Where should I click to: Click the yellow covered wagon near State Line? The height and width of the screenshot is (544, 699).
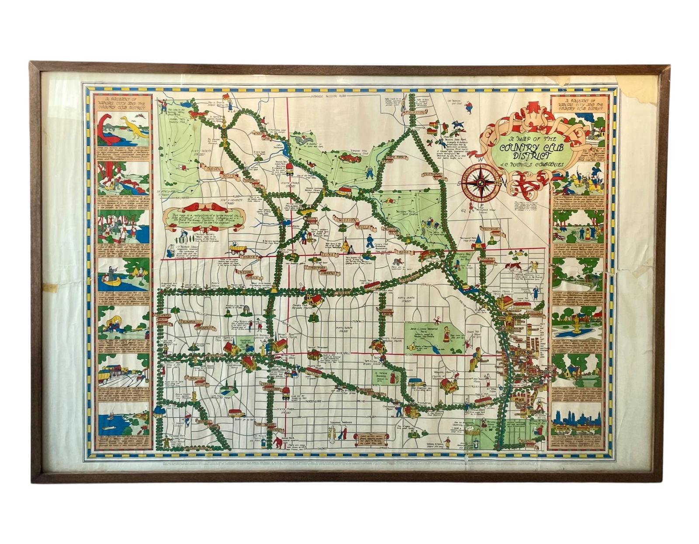(x=239, y=248)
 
